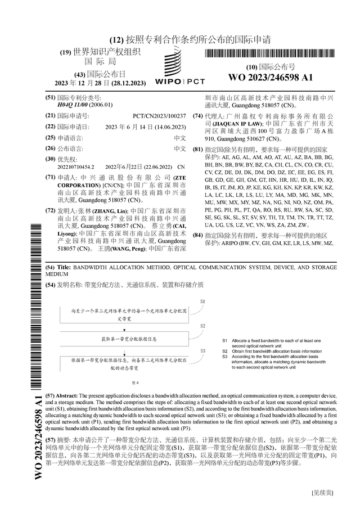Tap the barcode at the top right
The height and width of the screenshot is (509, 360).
point(270,54)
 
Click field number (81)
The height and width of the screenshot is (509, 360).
point(197,150)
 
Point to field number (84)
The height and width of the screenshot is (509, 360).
point(197,235)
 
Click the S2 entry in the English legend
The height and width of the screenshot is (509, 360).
point(224,351)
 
